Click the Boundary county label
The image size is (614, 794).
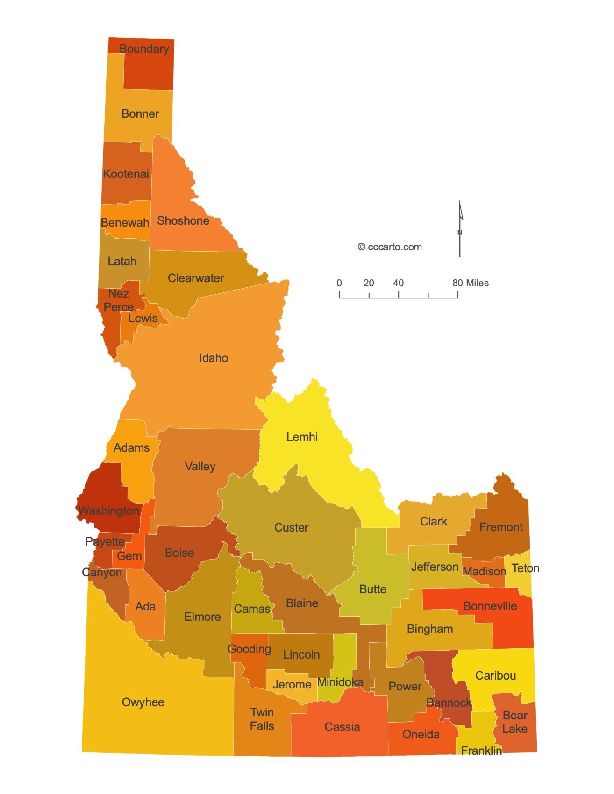coord(144,49)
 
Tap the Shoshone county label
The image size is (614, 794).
coord(183,220)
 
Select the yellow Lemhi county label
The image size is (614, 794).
coord(302,437)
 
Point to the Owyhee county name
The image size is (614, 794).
coord(143,702)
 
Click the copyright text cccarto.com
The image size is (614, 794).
coord(390,247)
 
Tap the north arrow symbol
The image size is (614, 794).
coord(460,229)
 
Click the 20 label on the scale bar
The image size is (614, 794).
coord(369,283)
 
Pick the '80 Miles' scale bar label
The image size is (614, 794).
coord(470,283)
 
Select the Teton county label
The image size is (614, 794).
coord(525,568)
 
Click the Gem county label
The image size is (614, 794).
coord(129,556)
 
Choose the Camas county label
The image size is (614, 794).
coord(252,609)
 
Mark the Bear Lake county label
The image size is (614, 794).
coord(515,722)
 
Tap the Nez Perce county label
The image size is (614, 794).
coord(119,300)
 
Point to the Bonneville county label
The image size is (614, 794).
coord(490,606)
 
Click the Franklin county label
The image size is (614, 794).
coord(481,751)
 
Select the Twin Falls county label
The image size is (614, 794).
coord(262,719)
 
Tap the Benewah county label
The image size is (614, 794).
coord(125,222)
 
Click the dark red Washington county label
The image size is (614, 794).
coord(109,510)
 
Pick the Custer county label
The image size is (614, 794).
coord(291,527)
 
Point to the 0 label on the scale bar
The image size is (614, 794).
coord(339,283)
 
